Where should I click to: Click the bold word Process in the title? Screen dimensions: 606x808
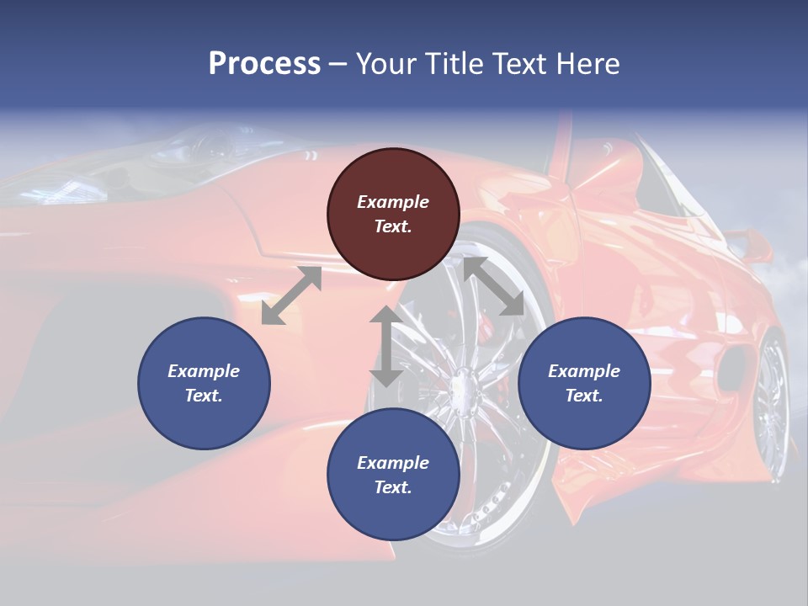[264, 64]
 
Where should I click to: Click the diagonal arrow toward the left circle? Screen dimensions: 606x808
[291, 295]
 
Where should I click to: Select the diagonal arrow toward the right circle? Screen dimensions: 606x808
[493, 286]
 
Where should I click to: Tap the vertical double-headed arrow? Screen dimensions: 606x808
[386, 346]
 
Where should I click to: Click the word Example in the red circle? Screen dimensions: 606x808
[393, 202]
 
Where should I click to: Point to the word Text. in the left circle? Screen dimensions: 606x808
[204, 396]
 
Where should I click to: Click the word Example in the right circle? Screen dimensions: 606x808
[584, 371]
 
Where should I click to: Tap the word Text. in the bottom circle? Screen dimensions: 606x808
[393, 487]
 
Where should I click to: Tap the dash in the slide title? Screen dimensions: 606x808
[338, 64]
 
